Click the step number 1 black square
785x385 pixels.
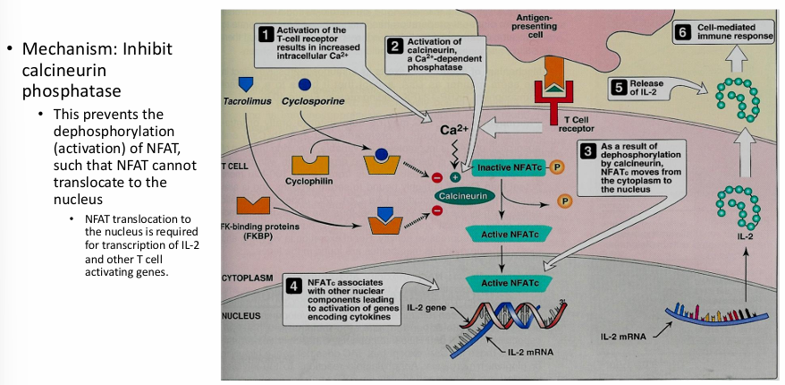pos(266,35)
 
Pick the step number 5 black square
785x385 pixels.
pos(620,87)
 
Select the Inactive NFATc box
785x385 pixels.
pos(506,168)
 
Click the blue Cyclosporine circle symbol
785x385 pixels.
pos(305,84)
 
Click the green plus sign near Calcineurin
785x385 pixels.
pos(454,177)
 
